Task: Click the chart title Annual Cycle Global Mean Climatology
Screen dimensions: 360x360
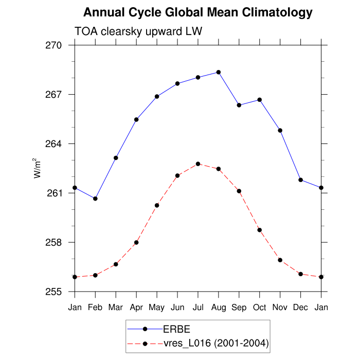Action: pyautogui.click(x=197, y=12)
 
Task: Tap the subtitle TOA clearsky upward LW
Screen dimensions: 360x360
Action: pyautogui.click(x=138, y=31)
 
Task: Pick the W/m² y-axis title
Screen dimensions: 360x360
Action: pyautogui.click(x=37, y=167)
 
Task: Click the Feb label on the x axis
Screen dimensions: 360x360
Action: pyautogui.click(x=95, y=308)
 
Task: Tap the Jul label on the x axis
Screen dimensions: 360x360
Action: pyautogui.click(x=198, y=308)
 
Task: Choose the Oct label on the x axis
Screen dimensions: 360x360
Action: pyautogui.click(x=260, y=308)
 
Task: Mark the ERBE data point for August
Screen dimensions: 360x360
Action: pyautogui.click(x=219, y=72)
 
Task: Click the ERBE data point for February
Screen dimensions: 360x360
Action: pyautogui.click(x=95, y=199)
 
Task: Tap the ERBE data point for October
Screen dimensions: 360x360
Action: pyautogui.click(x=260, y=100)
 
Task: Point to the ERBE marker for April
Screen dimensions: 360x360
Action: pyautogui.click(x=136, y=119)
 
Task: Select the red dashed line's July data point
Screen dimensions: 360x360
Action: pyautogui.click(x=198, y=164)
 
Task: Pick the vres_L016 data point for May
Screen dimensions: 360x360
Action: pyautogui.click(x=157, y=205)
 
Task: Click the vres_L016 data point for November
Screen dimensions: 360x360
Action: pyautogui.click(x=280, y=260)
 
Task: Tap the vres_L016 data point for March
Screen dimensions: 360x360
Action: pyautogui.click(x=116, y=264)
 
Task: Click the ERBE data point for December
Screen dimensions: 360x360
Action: pyautogui.click(x=301, y=179)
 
